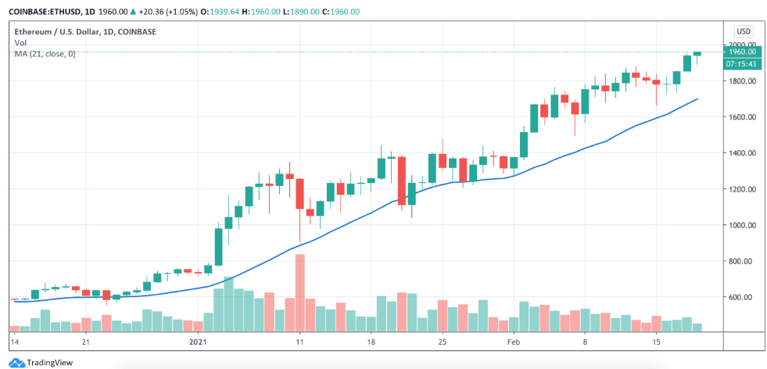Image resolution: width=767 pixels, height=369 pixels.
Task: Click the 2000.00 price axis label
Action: pos(742,45)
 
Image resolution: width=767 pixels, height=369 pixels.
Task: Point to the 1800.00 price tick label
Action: pos(742,81)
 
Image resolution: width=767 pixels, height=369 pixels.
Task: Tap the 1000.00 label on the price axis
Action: pos(742,225)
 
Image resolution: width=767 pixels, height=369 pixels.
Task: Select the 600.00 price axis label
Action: pos(742,297)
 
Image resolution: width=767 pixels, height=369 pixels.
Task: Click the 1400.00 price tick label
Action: pos(742,153)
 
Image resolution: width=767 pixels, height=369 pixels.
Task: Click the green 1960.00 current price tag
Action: pos(740,52)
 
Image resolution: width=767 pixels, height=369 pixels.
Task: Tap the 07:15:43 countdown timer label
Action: pos(740,63)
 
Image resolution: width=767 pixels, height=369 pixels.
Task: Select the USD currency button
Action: pos(744,31)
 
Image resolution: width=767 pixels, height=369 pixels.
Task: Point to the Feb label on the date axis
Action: pos(514,342)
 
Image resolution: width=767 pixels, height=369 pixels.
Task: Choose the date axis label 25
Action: pos(442,342)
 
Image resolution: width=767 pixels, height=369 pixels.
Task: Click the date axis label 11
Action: pos(299,342)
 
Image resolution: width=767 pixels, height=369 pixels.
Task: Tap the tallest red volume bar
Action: pos(299,292)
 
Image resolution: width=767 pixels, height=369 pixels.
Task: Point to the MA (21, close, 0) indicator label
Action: pos(45,53)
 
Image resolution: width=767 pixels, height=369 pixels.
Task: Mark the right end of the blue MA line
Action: pos(697,99)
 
